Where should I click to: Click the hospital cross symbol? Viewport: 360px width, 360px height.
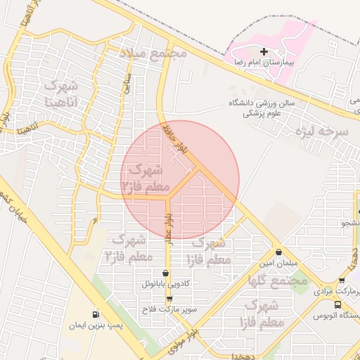click(264, 51)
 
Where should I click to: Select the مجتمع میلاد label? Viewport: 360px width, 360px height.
click(153, 53)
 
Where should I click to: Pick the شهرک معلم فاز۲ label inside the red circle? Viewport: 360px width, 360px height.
click(142, 179)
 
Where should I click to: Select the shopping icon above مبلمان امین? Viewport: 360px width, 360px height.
click(280, 252)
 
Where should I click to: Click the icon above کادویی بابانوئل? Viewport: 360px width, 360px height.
click(166, 274)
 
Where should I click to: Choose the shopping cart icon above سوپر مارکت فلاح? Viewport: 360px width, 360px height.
click(169, 299)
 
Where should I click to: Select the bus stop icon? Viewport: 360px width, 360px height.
click(338, 305)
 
